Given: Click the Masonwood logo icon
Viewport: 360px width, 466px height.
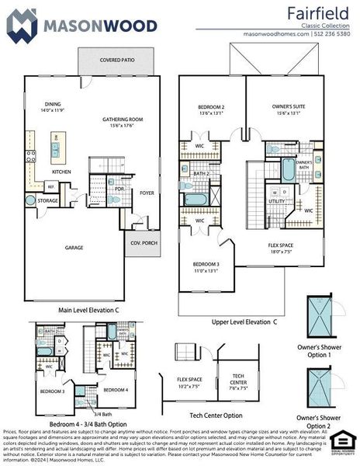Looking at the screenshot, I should click(x=21, y=25).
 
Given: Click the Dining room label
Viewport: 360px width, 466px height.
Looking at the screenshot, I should click(x=53, y=104).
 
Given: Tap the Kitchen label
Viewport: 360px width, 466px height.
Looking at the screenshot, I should click(x=62, y=172).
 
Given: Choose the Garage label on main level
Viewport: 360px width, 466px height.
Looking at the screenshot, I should click(x=74, y=248).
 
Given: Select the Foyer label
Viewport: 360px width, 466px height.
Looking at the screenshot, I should click(x=147, y=193).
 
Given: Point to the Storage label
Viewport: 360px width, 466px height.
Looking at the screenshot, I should click(x=48, y=200).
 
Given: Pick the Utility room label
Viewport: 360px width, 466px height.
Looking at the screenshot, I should click(x=277, y=200).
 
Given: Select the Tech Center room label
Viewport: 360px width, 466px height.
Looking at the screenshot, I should click(x=239, y=377).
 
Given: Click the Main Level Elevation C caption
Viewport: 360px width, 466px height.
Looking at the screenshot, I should click(x=89, y=310).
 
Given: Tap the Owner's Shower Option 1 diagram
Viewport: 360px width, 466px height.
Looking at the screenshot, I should click(x=318, y=317).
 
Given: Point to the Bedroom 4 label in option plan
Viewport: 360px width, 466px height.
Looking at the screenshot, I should click(x=116, y=388).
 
